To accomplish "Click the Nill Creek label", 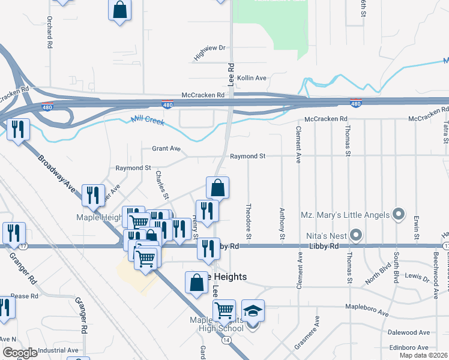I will (x=148, y=121).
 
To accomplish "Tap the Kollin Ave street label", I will (x=252, y=78).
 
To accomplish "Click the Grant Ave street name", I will (x=166, y=148).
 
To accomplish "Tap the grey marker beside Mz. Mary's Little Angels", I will (x=397, y=214).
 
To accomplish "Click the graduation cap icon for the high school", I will (x=253, y=311).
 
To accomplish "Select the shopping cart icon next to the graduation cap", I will (x=224, y=311).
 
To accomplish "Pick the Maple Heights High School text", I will (x=217, y=324).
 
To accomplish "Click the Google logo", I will (x=20, y=353).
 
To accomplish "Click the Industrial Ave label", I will (x=58, y=350).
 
